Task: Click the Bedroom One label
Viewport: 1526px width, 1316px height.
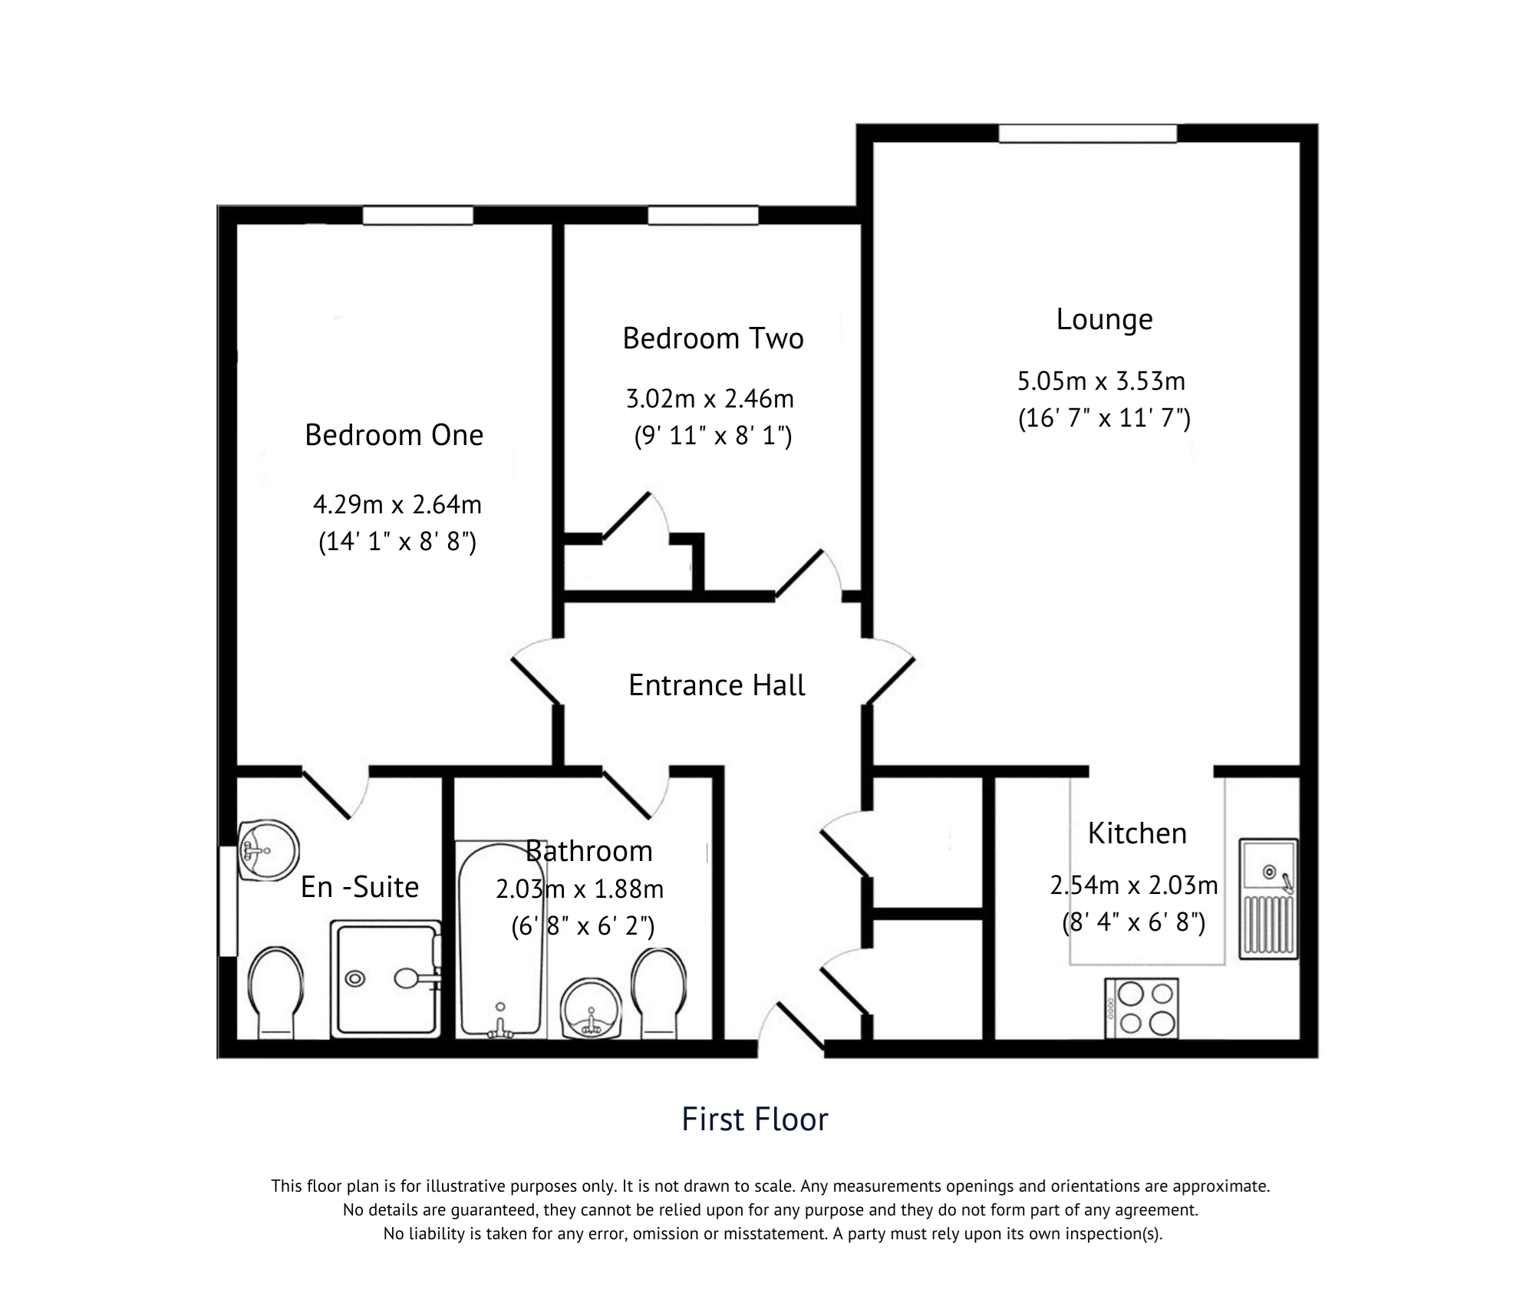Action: click(394, 435)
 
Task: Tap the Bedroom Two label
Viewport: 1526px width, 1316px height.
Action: click(713, 338)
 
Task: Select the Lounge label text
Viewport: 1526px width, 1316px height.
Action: click(1103, 319)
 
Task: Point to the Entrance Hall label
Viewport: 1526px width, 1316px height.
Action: click(717, 685)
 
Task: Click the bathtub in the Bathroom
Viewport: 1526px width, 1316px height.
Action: click(501, 940)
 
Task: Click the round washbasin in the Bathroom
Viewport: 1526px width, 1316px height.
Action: click(590, 1009)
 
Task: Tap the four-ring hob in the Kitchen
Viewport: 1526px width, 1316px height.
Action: click(1141, 1008)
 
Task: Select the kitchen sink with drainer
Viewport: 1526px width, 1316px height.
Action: click(1268, 898)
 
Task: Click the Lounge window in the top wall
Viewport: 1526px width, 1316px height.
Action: click(1086, 134)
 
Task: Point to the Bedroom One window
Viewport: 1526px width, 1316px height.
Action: click(417, 216)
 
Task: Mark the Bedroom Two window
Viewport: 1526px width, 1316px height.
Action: click(703, 216)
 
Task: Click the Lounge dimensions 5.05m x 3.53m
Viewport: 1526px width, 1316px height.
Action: click(1101, 381)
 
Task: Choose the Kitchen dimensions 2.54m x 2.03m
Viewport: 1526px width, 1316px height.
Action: click(1133, 886)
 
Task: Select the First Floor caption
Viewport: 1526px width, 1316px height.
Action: click(754, 1120)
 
